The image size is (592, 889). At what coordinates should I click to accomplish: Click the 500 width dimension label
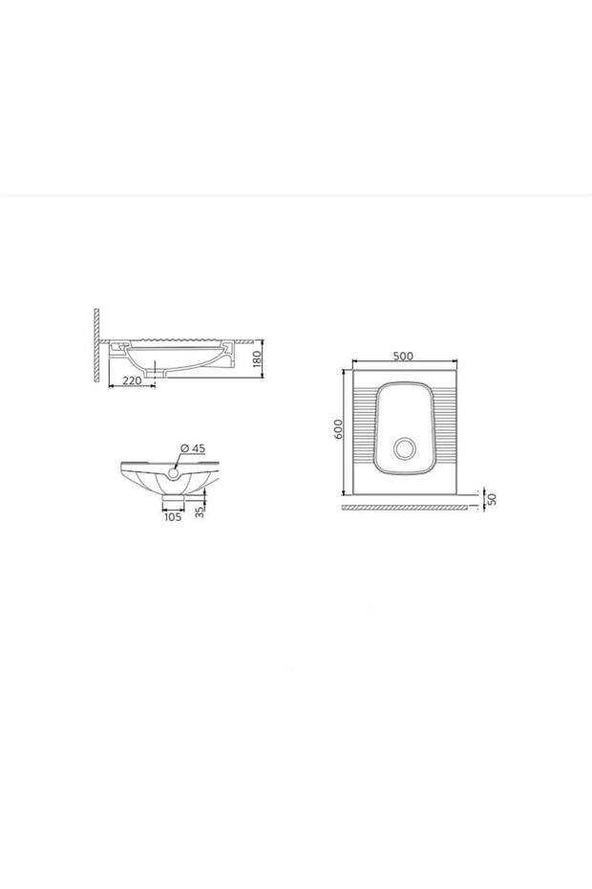tap(403, 356)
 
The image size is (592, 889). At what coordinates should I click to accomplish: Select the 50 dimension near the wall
tap(492, 500)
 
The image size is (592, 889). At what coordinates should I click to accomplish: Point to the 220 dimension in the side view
tap(132, 380)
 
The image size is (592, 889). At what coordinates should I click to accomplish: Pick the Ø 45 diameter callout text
tap(193, 448)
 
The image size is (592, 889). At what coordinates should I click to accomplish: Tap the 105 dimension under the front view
tap(172, 516)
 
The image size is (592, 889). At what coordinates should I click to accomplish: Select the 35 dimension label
tap(199, 511)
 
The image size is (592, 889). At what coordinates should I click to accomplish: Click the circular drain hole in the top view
tap(405, 447)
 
